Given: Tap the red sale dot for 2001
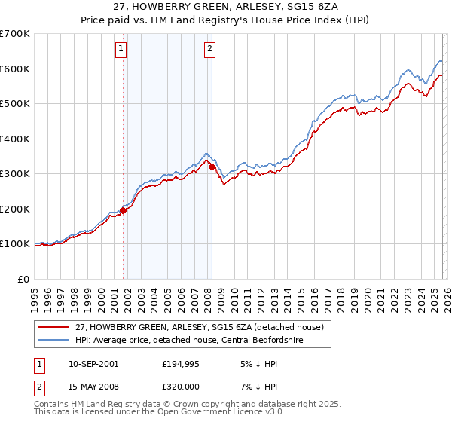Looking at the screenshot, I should (x=124, y=211).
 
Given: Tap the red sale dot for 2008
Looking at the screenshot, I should (x=212, y=167).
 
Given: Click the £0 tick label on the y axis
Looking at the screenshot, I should (x=23, y=279).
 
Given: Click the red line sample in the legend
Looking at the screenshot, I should (x=53, y=327).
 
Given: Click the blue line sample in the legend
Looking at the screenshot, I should (x=53, y=340).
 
